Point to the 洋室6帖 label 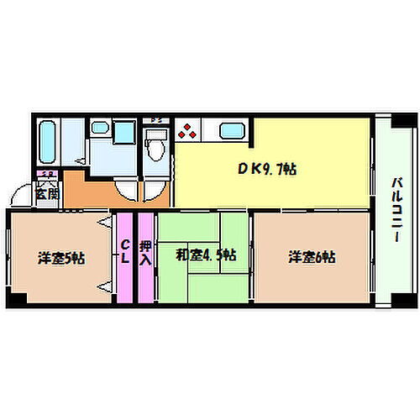pos(312,257)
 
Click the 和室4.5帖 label pos(205,255)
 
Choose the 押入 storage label pos(145,252)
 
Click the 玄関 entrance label pos(47,193)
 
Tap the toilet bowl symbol pos(154,147)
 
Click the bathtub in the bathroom pos(48,140)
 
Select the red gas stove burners pos(187,131)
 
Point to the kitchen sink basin pos(232,130)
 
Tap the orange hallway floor pos(88,192)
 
